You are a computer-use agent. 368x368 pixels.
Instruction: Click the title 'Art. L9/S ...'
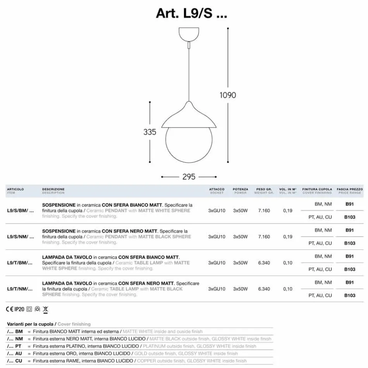click(191, 13)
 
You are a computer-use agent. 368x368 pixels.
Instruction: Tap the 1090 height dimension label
click(227, 95)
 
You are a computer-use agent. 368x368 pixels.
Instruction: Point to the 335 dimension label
click(150, 132)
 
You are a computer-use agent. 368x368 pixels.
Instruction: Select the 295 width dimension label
click(189, 177)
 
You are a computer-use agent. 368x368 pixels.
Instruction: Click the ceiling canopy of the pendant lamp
click(189, 34)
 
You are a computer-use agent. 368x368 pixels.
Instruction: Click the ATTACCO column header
click(217, 191)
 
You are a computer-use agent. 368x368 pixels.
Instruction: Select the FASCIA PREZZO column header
click(349, 191)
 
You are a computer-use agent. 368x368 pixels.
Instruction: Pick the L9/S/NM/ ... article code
click(20, 237)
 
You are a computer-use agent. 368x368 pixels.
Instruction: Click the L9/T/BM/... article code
click(20, 263)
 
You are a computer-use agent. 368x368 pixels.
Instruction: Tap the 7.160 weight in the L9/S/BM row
click(264, 211)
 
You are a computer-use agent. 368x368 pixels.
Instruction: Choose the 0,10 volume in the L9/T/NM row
click(287, 289)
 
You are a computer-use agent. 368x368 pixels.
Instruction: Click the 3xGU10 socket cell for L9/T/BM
click(217, 263)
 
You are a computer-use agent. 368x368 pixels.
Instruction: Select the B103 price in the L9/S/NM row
click(349, 243)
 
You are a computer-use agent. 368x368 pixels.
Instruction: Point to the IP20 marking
click(19, 309)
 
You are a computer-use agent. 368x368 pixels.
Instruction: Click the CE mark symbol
click(10, 309)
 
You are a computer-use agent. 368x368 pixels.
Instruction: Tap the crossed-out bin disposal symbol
click(45, 309)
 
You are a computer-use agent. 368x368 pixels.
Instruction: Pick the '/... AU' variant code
click(15, 353)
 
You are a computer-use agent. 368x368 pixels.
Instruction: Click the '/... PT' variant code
click(15, 346)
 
